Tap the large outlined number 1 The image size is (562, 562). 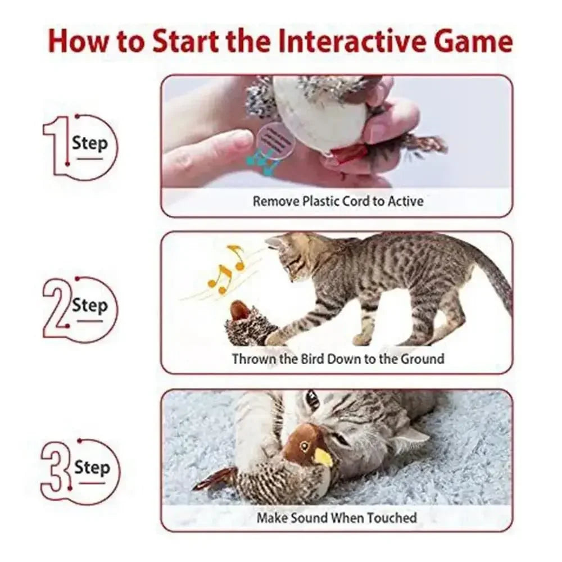pyautogui.click(x=56, y=147)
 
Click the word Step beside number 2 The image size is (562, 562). pyautogui.click(x=89, y=306)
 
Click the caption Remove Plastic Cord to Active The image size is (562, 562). pyautogui.click(x=338, y=201)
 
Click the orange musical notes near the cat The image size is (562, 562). pyautogui.click(x=228, y=270)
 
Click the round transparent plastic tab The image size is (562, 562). pyautogui.click(x=275, y=139)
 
